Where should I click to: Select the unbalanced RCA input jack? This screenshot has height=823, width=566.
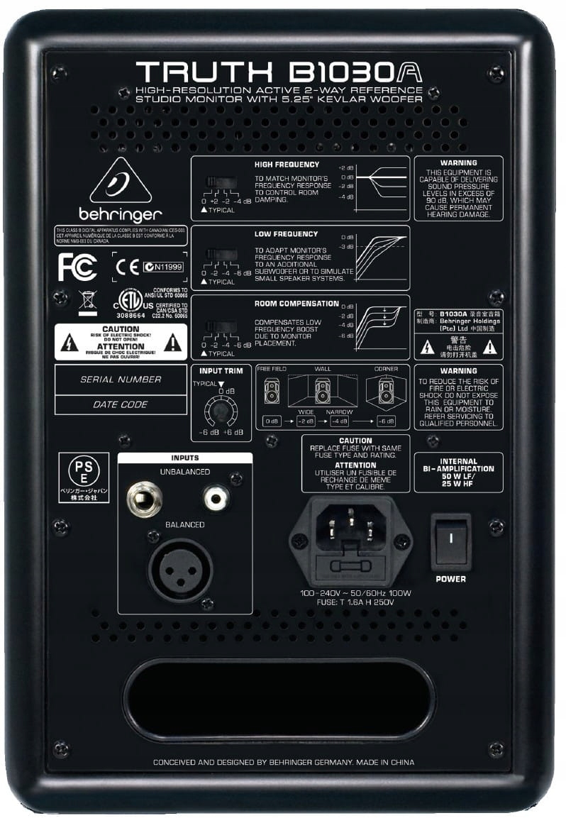[x=216, y=498]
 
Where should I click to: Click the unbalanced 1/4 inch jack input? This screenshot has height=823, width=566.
[x=144, y=499]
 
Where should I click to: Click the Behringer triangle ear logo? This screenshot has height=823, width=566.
[x=120, y=183]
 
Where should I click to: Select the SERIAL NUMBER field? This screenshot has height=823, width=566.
[x=121, y=380]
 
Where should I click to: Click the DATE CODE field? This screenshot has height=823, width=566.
[x=121, y=404]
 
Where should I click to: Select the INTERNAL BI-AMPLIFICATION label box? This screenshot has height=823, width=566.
[x=458, y=473]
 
